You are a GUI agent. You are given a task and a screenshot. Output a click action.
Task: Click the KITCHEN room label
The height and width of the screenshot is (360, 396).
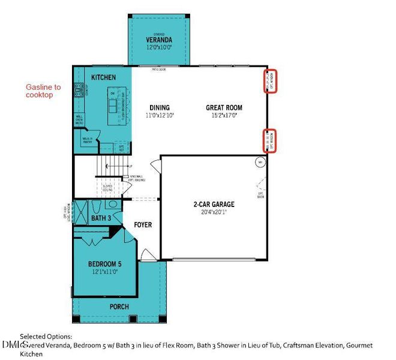(x=103, y=78)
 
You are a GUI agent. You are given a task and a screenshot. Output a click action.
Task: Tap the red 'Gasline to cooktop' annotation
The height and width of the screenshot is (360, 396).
(x=43, y=91)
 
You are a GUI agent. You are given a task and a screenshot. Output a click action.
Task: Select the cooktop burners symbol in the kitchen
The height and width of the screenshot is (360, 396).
(x=78, y=90)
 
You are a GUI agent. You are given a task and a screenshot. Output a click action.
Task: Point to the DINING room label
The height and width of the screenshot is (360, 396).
(x=159, y=108)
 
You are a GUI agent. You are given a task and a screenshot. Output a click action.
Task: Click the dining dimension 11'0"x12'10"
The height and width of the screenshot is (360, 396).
(x=159, y=115)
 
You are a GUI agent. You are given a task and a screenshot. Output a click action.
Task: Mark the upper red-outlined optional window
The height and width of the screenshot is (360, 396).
(x=271, y=81)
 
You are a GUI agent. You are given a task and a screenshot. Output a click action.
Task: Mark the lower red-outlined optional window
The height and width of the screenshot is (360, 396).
(x=271, y=141)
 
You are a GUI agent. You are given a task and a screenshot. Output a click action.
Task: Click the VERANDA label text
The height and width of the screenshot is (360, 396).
(x=159, y=39)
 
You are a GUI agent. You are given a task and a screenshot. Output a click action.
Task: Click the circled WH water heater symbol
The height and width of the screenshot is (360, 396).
(x=260, y=162)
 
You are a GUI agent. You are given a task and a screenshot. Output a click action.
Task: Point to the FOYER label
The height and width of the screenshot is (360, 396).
(x=142, y=225)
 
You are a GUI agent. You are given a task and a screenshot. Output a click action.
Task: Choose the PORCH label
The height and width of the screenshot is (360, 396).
(x=119, y=307)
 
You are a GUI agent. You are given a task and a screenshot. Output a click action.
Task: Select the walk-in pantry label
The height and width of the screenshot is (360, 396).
(x=88, y=142)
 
